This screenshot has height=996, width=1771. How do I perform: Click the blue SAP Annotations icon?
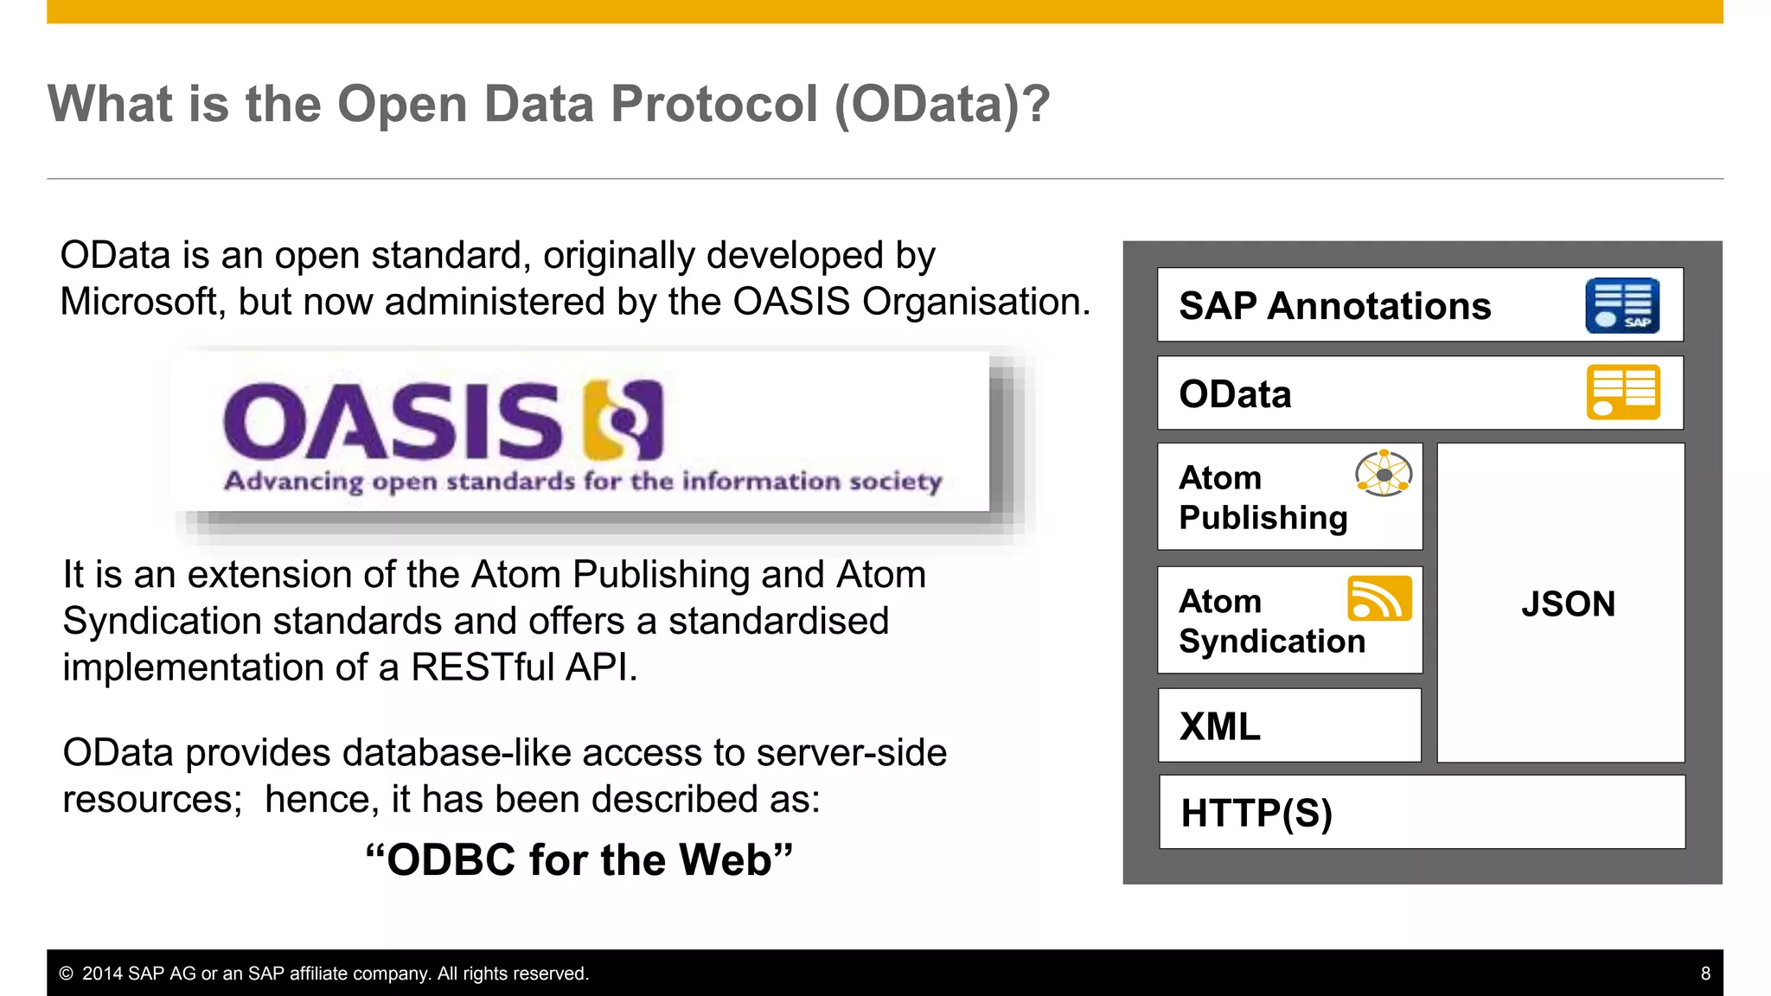pyautogui.click(x=1622, y=306)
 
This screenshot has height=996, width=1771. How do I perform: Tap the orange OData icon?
pyautogui.click(x=1623, y=393)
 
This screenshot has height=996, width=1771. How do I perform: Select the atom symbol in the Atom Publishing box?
pyautogui.click(x=1384, y=474)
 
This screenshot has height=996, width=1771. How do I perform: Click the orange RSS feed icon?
pyautogui.click(x=1379, y=598)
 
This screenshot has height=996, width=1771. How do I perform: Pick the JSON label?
pyautogui.click(x=1568, y=604)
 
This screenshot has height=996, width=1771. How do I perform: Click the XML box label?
pyautogui.click(x=1220, y=727)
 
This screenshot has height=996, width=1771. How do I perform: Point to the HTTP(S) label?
pyautogui.click(x=1256, y=814)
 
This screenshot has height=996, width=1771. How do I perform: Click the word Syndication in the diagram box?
pyautogui.click(x=1272, y=642)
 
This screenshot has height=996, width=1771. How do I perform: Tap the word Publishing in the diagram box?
pyautogui.click(x=1263, y=518)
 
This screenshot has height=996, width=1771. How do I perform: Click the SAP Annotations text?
pyautogui.click(x=1334, y=306)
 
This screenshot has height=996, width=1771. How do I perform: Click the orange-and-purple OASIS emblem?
pyautogui.click(x=623, y=420)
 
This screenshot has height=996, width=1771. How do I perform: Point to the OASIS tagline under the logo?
pyautogui.click(x=583, y=481)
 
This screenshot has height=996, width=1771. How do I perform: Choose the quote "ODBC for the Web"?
pyautogui.click(x=579, y=860)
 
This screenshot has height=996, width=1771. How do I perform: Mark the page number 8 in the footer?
pyautogui.click(x=1705, y=974)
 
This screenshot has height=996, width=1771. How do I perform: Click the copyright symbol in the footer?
pyautogui.click(x=66, y=974)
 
